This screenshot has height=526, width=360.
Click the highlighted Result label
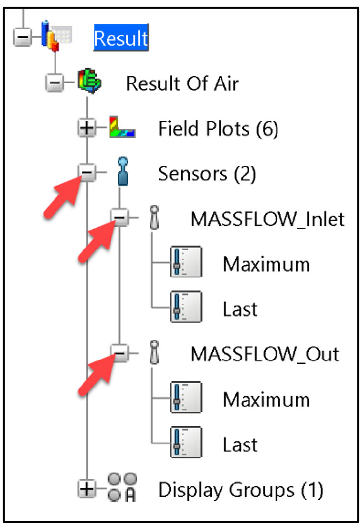pos(121,38)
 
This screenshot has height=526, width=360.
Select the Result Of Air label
pos(182,83)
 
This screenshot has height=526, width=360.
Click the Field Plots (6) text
pos(218,129)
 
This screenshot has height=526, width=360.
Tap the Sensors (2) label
pos(207,174)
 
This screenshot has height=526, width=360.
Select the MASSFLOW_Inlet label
pos(268,219)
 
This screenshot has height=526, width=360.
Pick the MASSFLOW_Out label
pos(265,354)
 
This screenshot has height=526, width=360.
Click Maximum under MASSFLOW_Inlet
pos(266,264)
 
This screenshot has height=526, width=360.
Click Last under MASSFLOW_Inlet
pos(240,309)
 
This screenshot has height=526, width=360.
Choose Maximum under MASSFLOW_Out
pos(266,399)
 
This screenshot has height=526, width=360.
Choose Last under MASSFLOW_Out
pos(240,444)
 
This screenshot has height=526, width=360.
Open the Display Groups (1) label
pos(240,490)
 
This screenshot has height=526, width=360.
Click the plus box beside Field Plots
pos(87,129)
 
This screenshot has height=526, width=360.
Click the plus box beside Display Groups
pos(87,489)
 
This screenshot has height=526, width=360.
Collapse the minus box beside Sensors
pos(87,173)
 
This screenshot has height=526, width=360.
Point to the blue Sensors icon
pos(123,171)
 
